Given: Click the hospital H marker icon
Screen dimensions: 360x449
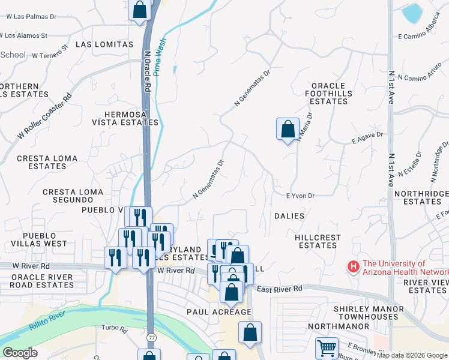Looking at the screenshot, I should [354, 266].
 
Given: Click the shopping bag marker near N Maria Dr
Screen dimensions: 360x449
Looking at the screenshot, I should [288, 128].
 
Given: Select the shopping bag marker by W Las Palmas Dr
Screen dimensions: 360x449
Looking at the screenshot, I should [139, 10].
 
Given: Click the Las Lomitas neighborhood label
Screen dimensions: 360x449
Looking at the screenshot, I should [104, 44].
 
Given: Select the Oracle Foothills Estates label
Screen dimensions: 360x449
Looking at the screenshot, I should [326, 93].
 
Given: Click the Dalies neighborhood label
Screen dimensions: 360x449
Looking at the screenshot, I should [289, 215].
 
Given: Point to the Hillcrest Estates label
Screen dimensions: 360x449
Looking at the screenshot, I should [318, 241].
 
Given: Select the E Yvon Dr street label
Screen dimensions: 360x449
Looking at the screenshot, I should [301, 196].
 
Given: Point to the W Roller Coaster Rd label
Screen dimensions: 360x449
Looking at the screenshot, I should [45, 116].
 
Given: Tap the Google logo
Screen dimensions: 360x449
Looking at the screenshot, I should [20, 353].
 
